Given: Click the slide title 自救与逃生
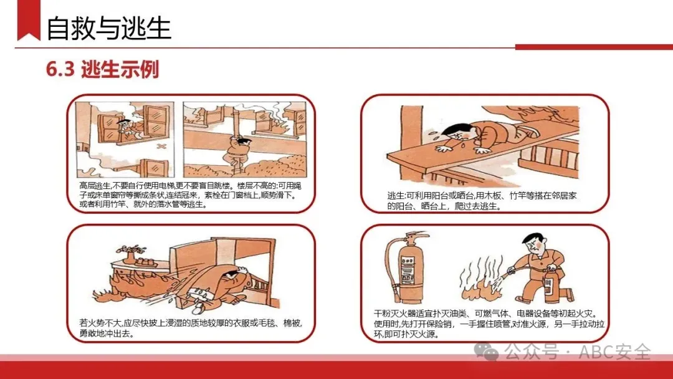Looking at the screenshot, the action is coord(108,28).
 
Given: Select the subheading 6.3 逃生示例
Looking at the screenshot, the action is coord(103,69).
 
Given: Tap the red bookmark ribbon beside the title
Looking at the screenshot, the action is coord(29,20).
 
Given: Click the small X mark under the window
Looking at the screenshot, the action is coord(161,146).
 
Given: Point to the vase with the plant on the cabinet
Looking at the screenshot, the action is coord(128,254).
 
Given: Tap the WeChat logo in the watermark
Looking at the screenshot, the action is coord(486,352).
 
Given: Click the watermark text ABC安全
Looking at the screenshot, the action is coord(614,352).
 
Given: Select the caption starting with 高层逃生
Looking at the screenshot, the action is coord(191,195).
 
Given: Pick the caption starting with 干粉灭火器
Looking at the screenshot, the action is coord(489,324).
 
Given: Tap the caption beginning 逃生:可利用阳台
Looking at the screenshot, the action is coord(482,201).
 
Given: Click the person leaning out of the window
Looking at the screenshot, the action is coord(125,129).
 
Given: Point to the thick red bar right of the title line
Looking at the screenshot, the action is coord(594,47).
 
